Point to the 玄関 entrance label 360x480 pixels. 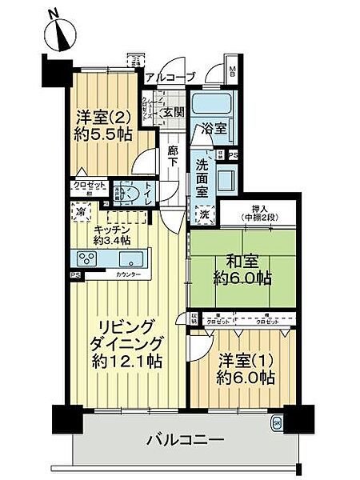(174, 112)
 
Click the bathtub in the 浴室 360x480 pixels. (211, 105)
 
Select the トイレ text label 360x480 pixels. (149, 193)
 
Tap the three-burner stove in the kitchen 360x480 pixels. (87, 258)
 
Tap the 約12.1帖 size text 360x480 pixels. (126, 361)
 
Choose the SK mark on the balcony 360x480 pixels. (277, 423)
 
